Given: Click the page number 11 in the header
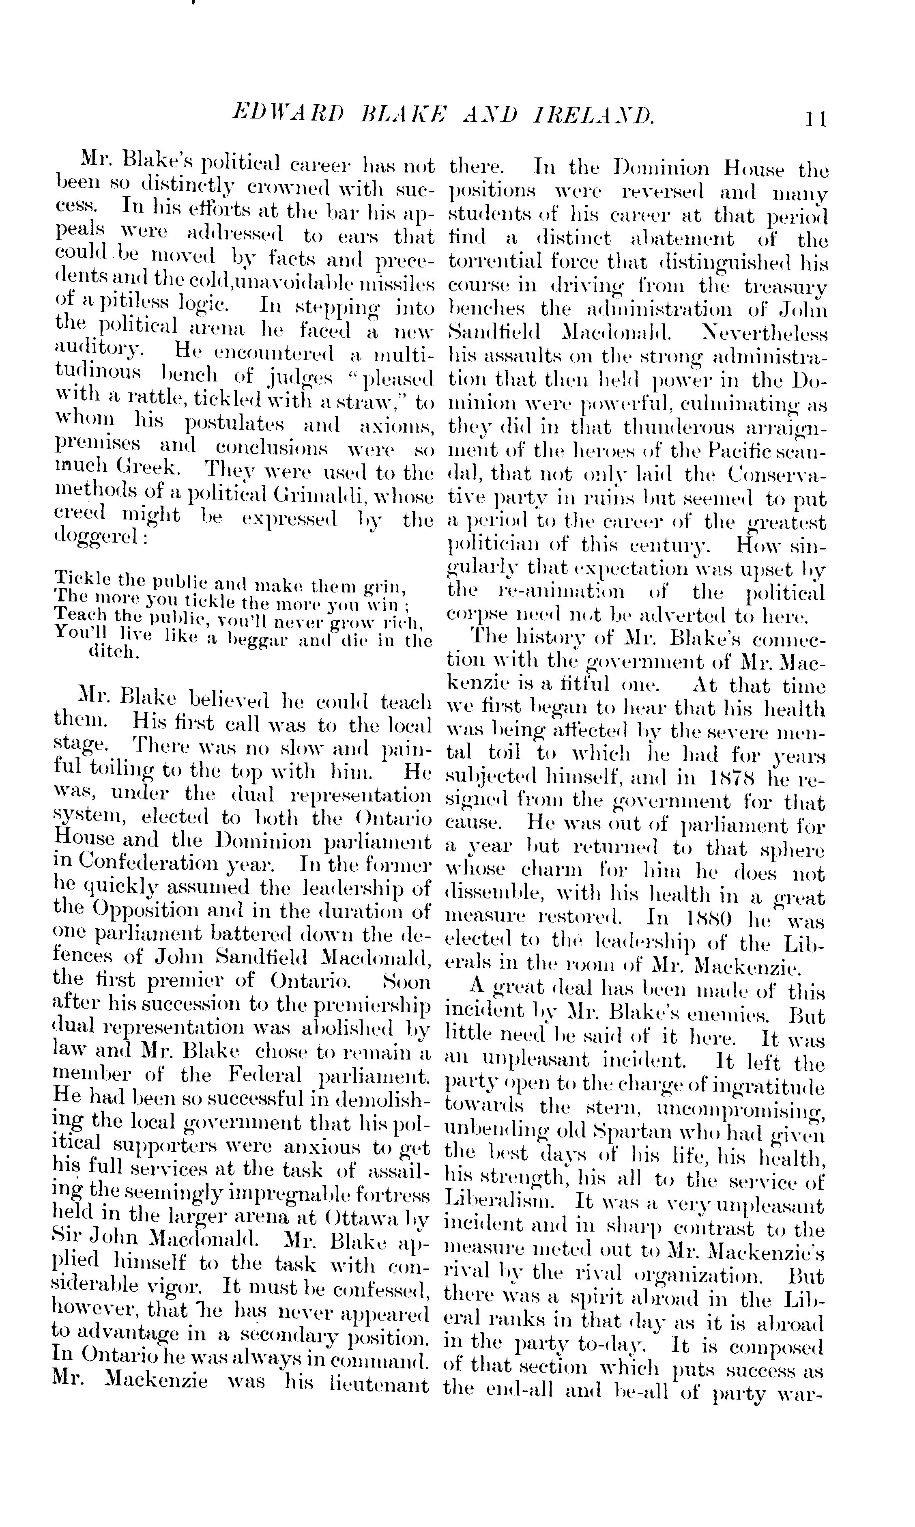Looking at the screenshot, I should [x=815, y=118].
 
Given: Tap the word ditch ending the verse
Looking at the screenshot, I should [x=115, y=652].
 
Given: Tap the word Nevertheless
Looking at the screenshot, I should [x=765, y=332].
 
